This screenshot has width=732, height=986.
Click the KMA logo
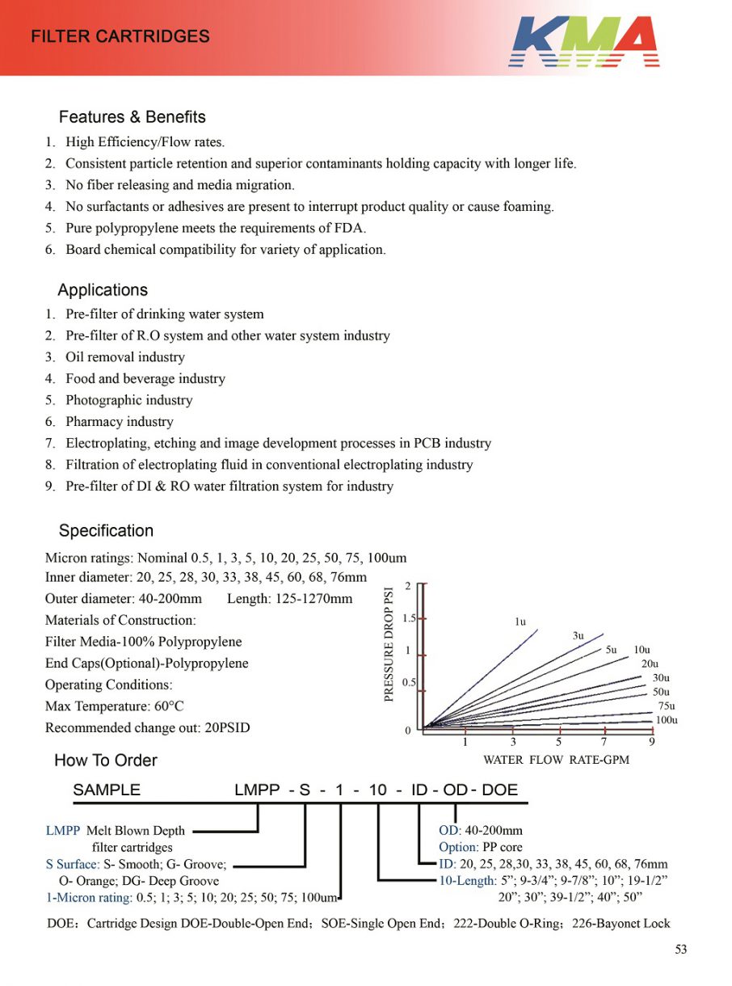(583, 41)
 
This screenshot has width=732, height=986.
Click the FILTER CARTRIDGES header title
(120, 36)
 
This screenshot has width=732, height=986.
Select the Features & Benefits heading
(132, 117)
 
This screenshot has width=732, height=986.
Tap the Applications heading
(103, 290)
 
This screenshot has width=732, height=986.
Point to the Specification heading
(106, 531)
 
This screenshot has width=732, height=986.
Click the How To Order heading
(105, 761)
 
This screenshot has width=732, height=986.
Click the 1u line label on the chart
(520, 622)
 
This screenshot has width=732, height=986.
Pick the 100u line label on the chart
(667, 720)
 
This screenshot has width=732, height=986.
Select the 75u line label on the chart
(667, 706)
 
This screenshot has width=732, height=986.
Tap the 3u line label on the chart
(578, 636)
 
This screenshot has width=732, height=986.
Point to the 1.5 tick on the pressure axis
(410, 618)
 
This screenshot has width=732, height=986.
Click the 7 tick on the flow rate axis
(604, 741)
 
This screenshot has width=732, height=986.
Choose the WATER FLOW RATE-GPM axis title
(556, 760)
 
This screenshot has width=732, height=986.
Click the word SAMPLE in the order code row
(107, 790)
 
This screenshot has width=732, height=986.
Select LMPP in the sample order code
(257, 790)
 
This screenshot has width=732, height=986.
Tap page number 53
(681, 950)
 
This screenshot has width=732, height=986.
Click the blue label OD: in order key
(450, 831)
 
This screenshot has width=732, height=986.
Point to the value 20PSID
(225, 728)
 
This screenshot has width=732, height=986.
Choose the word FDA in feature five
(350, 228)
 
